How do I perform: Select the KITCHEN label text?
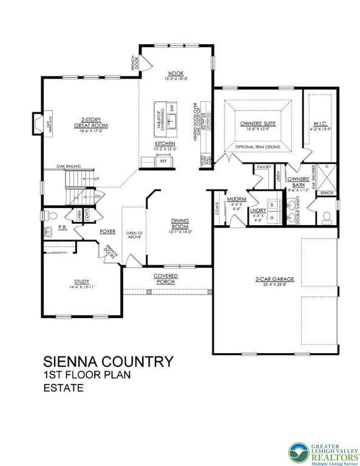point(165,144)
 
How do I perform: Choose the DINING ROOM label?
point(180,223)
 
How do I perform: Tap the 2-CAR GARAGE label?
point(274,279)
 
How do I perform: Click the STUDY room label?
point(82,282)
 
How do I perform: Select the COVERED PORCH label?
point(165,279)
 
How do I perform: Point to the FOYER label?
point(108,231)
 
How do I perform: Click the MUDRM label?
point(235,199)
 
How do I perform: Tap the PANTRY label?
point(263,166)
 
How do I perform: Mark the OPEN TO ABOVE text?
point(134,235)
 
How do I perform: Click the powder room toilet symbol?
point(52,217)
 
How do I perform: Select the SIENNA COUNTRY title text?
point(107,361)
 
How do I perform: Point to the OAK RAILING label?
point(69,165)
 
